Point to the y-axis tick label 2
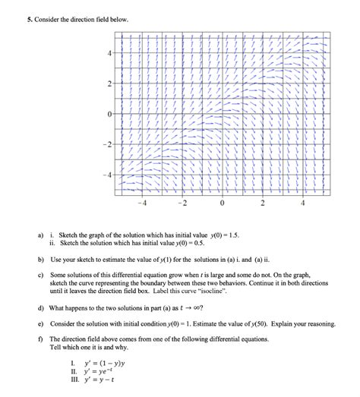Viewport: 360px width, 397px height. tap(112, 83)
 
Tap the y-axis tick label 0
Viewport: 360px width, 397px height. tap(112, 115)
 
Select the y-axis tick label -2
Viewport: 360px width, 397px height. tap(109, 145)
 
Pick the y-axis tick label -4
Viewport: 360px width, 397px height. tap(109, 175)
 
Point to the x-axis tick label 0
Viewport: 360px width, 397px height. tap(223, 203)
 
